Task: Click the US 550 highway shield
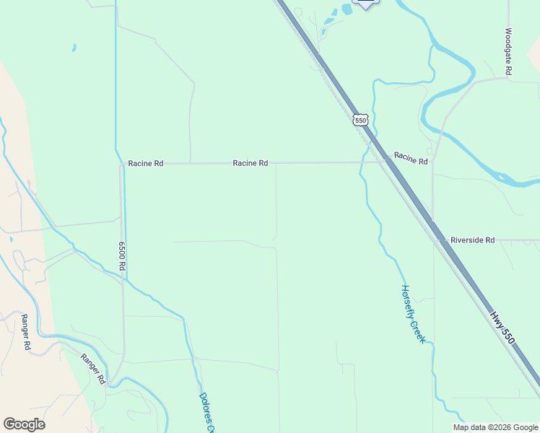361,119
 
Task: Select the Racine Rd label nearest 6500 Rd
146,164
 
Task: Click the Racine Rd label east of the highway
411,159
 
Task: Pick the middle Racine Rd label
251,164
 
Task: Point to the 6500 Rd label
123,255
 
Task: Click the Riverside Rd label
472,240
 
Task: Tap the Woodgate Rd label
509,52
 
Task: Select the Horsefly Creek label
413,313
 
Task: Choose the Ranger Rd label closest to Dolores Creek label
94,368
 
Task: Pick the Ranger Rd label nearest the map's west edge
26,332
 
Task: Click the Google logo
24,424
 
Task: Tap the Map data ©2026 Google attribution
495,427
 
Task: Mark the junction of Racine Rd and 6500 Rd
121,164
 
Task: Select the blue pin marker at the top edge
366,4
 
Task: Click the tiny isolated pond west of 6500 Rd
74,48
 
